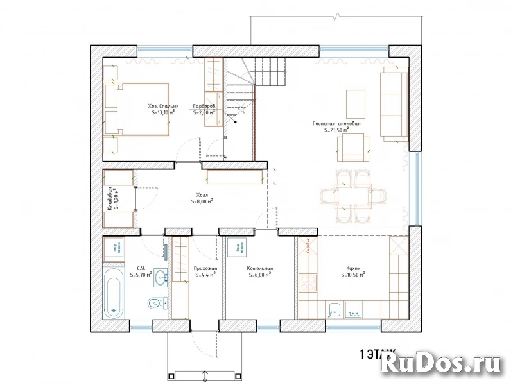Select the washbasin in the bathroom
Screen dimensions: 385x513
(161, 277)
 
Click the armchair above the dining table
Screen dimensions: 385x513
(353, 147)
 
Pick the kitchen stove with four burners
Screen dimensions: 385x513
(307, 283)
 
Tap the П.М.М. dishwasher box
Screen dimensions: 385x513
(352, 312)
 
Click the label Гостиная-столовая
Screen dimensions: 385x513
(336, 123)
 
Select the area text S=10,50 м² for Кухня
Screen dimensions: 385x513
(353, 274)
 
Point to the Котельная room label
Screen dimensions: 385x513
(260, 269)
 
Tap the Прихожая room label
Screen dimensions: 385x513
(206, 269)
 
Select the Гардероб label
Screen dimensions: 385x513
(204, 105)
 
